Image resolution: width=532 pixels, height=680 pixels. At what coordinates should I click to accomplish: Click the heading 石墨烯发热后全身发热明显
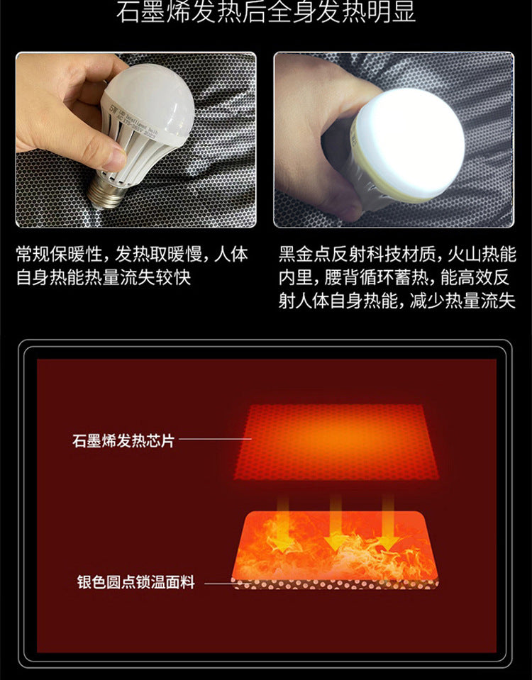(266, 11)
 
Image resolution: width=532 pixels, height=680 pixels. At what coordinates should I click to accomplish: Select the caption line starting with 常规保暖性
(133, 254)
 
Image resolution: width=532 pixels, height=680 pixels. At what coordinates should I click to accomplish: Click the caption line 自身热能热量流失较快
(104, 277)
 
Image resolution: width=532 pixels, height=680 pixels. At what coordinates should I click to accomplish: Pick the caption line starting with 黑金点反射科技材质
(397, 254)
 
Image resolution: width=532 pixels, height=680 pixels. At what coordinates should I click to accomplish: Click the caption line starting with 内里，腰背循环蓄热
(394, 277)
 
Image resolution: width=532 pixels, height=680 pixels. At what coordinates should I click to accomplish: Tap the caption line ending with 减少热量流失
(397, 301)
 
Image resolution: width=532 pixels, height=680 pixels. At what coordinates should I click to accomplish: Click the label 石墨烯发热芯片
(123, 440)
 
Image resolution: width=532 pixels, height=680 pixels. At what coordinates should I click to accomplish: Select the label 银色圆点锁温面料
(135, 582)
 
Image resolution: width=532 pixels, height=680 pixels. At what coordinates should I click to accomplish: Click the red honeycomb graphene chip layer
(336, 442)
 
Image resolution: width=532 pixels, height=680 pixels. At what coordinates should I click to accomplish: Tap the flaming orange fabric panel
(335, 545)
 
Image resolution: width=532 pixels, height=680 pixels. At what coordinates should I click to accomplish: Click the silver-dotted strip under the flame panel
(335, 584)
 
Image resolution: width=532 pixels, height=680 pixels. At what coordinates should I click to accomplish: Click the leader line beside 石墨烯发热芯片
(215, 439)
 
